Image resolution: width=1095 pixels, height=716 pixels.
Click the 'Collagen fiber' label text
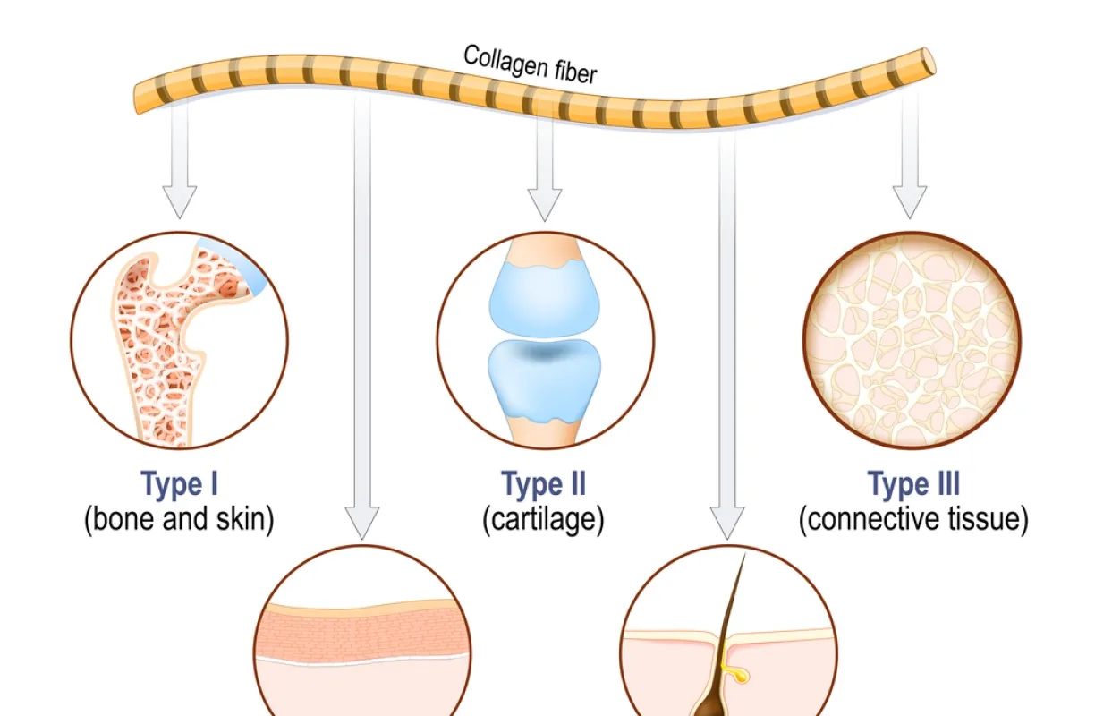(530, 64)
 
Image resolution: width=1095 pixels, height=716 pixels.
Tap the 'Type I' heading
(179, 485)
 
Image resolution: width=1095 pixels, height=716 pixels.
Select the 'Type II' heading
(544, 485)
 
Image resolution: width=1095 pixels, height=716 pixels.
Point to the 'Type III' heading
(913, 485)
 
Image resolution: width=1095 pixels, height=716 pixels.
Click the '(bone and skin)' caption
(179, 520)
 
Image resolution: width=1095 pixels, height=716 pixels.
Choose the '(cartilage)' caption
(544, 520)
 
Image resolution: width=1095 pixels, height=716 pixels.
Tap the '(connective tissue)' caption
(913, 520)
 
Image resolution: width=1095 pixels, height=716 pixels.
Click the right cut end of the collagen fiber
(929, 62)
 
